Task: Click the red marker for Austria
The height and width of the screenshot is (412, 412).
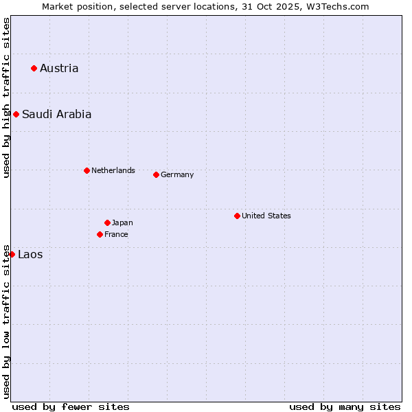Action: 34,68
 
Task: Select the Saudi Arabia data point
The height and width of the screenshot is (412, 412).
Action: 16,114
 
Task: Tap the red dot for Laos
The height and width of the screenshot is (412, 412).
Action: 12,254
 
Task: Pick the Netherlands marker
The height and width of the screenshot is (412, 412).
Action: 87,170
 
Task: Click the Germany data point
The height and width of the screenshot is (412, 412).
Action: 156,174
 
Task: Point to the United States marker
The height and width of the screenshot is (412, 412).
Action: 237,216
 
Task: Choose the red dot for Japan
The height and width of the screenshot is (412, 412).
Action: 107,222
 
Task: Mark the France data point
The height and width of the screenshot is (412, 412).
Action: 100,234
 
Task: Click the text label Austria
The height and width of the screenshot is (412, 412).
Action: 59,68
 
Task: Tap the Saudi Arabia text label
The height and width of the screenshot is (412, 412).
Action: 56,114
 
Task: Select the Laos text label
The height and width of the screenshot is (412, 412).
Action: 30,255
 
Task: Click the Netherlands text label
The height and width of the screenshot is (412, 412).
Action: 113,170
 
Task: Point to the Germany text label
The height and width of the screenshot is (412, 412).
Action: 177,174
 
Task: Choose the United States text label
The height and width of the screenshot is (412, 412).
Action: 266,216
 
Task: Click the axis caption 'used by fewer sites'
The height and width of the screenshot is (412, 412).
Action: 71,407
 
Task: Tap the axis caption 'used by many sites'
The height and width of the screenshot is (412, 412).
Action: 345,407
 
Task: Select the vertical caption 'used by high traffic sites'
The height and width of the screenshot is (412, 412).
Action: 6,98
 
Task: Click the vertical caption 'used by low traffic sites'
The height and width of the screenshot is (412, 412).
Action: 6,321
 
